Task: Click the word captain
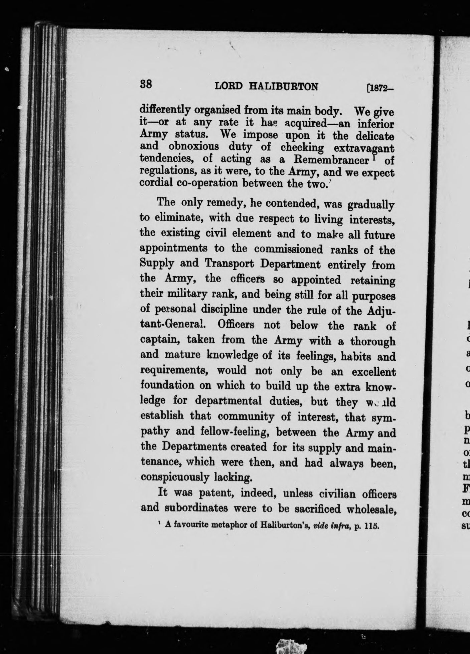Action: (160, 340)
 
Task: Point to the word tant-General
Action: (172, 325)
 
